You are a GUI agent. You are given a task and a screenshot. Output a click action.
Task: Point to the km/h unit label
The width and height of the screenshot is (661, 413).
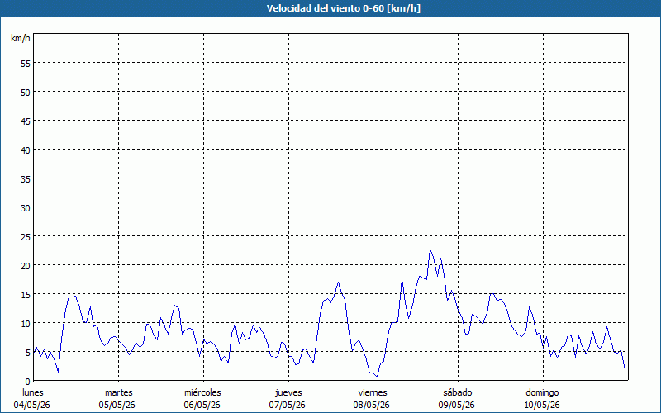[x=21, y=38]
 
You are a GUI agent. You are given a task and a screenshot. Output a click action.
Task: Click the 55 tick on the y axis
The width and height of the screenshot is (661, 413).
[x=26, y=63]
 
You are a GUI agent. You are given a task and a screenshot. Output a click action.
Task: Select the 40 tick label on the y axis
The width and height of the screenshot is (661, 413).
[x=26, y=150]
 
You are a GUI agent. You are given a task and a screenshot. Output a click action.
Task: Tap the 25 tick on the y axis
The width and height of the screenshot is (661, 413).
[x=26, y=236]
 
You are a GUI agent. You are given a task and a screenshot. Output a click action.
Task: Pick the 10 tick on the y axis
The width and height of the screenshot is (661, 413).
[x=26, y=323]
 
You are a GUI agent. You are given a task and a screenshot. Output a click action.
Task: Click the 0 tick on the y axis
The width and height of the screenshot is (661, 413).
[x=28, y=381]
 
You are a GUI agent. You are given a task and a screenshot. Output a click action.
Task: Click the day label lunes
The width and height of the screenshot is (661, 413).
[x=33, y=392]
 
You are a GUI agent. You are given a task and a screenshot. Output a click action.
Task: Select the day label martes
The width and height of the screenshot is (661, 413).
[x=118, y=392]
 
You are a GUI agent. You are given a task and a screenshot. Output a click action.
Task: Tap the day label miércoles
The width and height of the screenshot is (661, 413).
[x=202, y=392]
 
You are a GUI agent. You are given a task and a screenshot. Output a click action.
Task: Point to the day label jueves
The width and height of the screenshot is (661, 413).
[x=288, y=392]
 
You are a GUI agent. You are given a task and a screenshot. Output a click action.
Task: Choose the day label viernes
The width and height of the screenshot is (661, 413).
[x=373, y=392]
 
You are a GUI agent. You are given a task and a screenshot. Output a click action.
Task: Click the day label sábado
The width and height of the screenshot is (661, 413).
[x=458, y=392]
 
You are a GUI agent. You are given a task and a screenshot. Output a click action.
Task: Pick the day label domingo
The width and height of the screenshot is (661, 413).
[x=542, y=392]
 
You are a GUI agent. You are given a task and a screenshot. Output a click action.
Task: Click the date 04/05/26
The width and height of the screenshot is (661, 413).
[x=31, y=405]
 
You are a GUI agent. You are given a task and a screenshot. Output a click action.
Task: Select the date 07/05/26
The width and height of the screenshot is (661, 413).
[x=287, y=405]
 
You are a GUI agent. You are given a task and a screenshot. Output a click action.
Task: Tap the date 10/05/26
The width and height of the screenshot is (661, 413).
[x=542, y=405]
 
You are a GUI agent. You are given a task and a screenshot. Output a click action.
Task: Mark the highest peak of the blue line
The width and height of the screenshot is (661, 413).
[x=430, y=249]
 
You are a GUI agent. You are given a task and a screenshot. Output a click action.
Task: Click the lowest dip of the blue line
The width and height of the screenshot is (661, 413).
[x=377, y=377]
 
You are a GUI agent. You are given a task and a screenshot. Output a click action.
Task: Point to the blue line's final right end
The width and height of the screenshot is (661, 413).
[x=625, y=369]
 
